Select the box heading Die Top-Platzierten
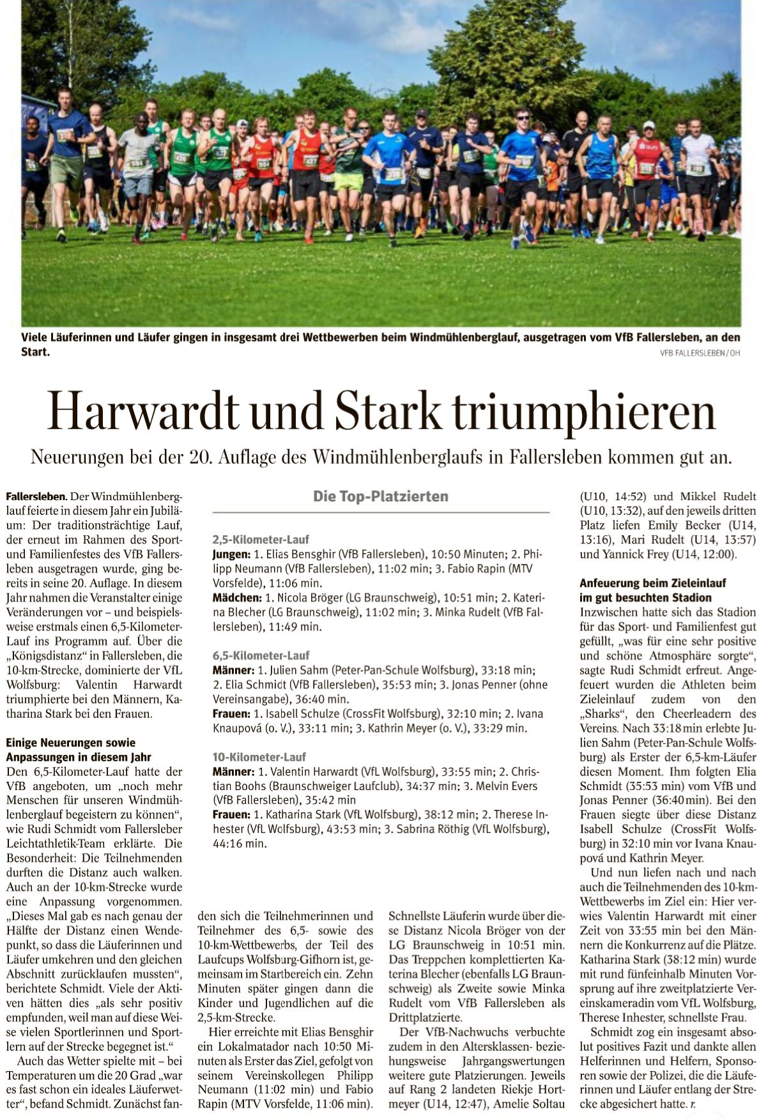[x=380, y=496]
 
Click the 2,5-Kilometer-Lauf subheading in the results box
[x=261, y=540]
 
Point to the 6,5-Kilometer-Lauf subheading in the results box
[x=261, y=655]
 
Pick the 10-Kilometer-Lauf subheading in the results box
[x=259, y=757]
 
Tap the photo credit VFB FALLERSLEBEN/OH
[x=700, y=353]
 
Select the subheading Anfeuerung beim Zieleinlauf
[x=652, y=583]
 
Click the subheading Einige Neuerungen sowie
[x=70, y=743]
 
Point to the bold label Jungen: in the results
[x=231, y=554]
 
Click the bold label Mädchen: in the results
[x=236, y=598]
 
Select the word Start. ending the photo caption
[x=35, y=352]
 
